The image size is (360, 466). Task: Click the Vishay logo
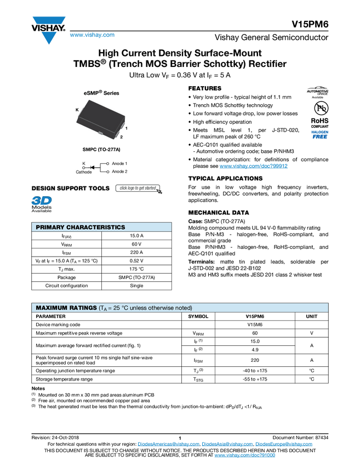[x=48, y=30]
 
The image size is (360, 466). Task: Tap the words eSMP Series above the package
[x=101, y=93]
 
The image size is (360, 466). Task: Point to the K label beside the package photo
[x=77, y=110]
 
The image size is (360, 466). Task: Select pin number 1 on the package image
[x=126, y=128]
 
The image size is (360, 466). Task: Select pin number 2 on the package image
[x=121, y=137]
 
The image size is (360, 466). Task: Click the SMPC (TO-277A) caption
[x=101, y=149]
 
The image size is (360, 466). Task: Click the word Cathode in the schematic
[x=84, y=172]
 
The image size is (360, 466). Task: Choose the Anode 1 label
[x=119, y=163]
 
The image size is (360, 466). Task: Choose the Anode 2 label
[x=119, y=172]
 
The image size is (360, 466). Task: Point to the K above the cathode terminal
[x=84, y=163]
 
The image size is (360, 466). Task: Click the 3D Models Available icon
[x=41, y=204]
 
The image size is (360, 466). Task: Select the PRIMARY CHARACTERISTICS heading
[x=80, y=227]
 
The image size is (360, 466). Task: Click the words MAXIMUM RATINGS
[x=65, y=308]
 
